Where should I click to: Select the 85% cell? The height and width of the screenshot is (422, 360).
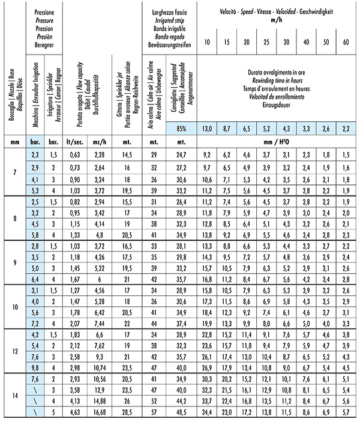(x=182, y=128)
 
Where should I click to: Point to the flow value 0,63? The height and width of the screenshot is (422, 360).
(x=74, y=154)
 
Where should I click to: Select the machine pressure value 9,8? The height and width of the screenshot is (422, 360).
(x=34, y=367)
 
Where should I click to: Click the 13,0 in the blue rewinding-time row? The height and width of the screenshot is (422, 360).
(x=206, y=128)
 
